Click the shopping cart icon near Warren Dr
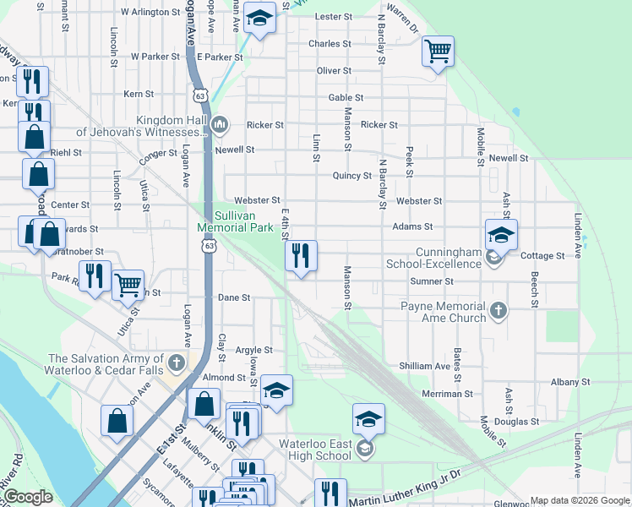pos(438,52)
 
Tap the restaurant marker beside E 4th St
pos(301,256)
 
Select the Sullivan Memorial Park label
pos(236,221)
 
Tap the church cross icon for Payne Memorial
pos(499,312)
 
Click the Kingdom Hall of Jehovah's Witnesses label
pos(142,127)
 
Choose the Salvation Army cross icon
pos(176,364)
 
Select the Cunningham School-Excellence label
pos(434,258)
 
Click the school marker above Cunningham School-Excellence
pos(500,234)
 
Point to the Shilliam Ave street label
pos(431,366)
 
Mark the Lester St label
pos(333,17)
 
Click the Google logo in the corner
pos(28,497)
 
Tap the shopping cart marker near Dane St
pos(128,285)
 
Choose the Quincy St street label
pos(352,176)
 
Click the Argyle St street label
pos(253,350)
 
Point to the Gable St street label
pos(346,98)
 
